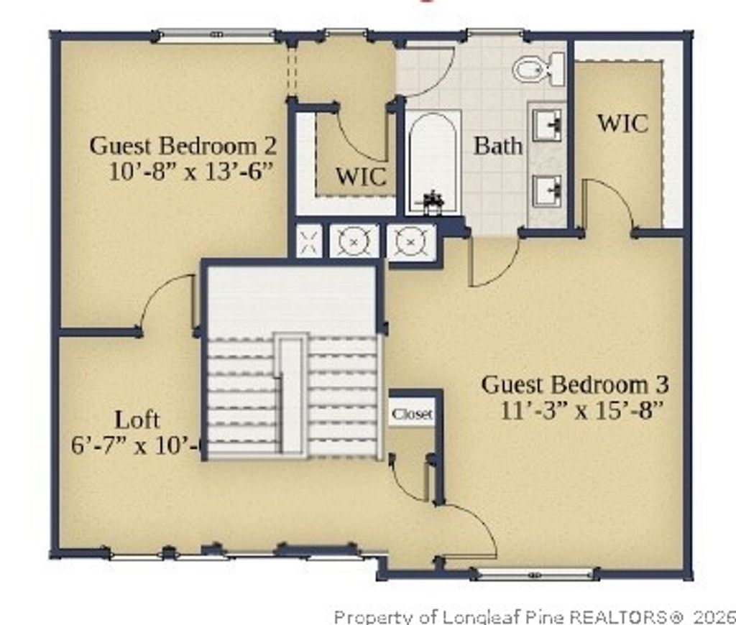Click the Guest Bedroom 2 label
[183, 146]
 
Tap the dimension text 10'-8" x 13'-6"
[193, 173]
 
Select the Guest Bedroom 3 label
[575, 384]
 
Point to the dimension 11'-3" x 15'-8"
[581, 411]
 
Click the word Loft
[137, 420]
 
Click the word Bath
[498, 146]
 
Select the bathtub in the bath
[433, 162]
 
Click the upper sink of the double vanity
[547, 126]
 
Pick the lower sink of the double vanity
[547, 190]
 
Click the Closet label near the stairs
[413, 415]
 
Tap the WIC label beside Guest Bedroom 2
[361, 177]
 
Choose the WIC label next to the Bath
[622, 123]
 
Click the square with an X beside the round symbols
[310, 241]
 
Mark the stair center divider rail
[292, 395]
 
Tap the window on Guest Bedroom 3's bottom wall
[535, 574]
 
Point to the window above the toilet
[494, 32]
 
